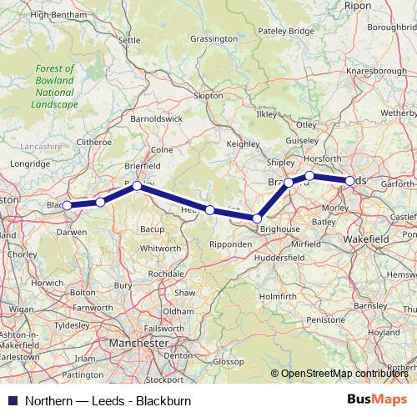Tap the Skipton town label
tap(209, 96)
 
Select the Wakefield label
tap(366, 239)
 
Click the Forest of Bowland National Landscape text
tap(54, 87)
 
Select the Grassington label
tap(214, 39)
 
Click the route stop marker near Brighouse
tap(257, 219)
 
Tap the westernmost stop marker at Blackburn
tap(67, 205)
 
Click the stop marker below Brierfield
tap(137, 187)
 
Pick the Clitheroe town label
tap(93, 142)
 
